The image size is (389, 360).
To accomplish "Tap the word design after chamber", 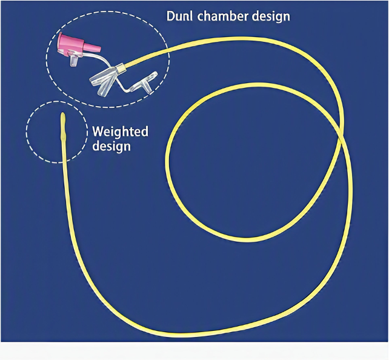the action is coord(271,16).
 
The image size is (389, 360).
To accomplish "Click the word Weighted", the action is coord(121,132).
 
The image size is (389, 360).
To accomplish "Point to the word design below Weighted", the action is coord(111,146).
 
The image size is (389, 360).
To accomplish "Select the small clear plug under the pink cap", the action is coord(74,61).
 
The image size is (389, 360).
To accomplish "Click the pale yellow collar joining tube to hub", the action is coord(121,68).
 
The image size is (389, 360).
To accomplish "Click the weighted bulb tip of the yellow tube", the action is coord(63,125).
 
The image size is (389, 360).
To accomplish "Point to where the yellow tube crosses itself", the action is coord(342,136).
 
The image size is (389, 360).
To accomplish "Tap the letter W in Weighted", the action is coord(98,131).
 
